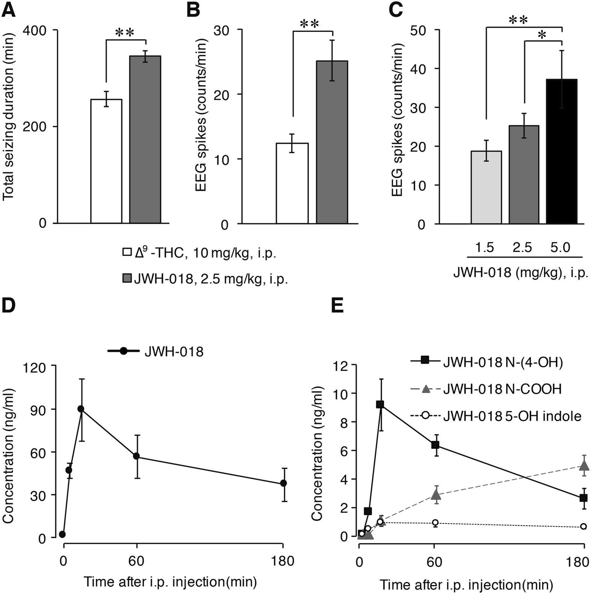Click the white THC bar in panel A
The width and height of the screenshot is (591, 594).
click(106, 161)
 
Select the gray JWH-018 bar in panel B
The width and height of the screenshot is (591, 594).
click(332, 142)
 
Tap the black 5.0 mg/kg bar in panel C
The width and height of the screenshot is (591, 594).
click(561, 151)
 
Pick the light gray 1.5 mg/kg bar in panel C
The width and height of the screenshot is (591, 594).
click(486, 187)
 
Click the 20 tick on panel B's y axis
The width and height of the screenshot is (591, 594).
click(221, 94)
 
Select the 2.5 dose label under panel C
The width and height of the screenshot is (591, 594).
click(522, 248)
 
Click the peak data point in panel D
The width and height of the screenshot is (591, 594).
click(81, 409)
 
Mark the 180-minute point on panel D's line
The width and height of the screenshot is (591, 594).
click(283, 483)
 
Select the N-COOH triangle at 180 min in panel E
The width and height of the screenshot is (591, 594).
click(584, 466)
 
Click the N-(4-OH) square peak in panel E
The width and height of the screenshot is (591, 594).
click(380, 404)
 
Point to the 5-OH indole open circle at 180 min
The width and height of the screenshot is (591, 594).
click(583, 527)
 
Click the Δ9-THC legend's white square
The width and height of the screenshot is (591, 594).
click(127, 252)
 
